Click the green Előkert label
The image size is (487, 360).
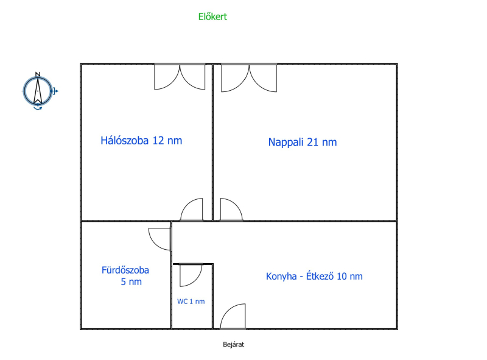[212, 16]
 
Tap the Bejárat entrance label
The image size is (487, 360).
[234, 344]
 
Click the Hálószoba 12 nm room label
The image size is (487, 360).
[141, 141]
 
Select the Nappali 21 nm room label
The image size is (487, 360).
[303, 142]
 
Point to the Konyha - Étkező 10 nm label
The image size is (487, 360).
[314, 276]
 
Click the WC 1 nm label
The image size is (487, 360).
[191, 302]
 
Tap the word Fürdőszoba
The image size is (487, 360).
[125, 270]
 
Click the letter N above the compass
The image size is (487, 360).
[38, 74]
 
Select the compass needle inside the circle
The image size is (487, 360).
[38, 91]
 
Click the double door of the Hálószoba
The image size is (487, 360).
[180, 78]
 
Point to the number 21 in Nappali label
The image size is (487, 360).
[313, 142]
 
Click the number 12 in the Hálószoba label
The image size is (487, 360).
[158, 141]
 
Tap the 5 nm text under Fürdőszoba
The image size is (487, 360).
[131, 281]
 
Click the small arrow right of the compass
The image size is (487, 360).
[55, 91]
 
